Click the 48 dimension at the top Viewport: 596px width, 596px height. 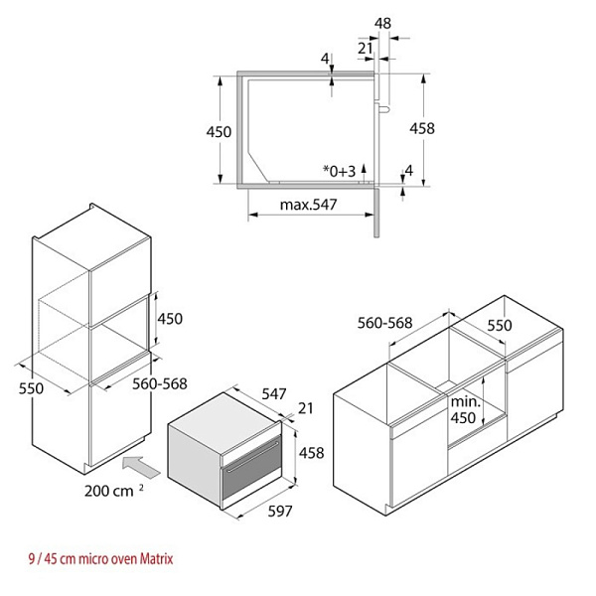(382, 24)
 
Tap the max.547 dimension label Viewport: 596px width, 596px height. (308, 205)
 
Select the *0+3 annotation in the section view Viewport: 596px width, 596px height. (339, 172)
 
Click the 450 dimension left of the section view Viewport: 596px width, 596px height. (219, 132)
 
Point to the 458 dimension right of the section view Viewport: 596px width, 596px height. (422, 128)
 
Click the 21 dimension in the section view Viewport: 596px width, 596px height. (366, 49)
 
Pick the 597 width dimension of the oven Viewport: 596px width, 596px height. (280, 512)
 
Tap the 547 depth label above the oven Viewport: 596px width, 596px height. (274, 394)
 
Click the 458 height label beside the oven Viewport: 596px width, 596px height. (312, 453)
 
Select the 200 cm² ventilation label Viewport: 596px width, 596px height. (113, 491)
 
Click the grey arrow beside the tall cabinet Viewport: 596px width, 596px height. (141, 467)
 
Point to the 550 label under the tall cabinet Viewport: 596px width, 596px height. (31, 388)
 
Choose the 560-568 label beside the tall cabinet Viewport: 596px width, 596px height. (160, 383)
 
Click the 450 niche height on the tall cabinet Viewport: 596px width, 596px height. (170, 319)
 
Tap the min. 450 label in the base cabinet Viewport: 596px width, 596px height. (465, 409)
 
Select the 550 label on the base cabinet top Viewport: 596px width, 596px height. (500, 326)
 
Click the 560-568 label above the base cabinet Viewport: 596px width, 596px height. (384, 323)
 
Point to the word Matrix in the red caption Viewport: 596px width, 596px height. (156, 558)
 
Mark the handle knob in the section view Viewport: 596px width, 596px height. (383, 110)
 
